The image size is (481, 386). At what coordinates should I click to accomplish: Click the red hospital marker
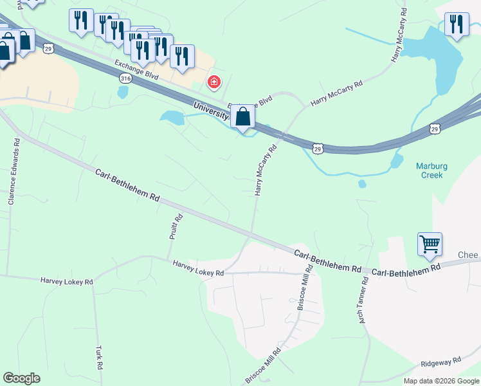pyautogui.click(x=213, y=82)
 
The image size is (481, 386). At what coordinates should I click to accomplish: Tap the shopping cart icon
pyautogui.click(x=430, y=244)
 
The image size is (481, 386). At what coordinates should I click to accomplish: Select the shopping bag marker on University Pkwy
pyautogui.click(x=242, y=117)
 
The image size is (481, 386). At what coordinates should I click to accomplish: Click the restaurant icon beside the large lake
pyautogui.click(x=457, y=25)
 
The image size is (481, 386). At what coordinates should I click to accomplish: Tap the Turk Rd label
pyautogui.click(x=99, y=357)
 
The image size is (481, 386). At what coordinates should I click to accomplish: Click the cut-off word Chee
pyautogui.click(x=467, y=255)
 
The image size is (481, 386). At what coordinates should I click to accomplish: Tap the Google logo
pyautogui.click(x=21, y=378)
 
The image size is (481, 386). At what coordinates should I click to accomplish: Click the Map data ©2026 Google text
pyautogui.click(x=441, y=381)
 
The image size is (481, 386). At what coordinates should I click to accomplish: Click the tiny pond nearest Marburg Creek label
pyautogui.click(x=362, y=184)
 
